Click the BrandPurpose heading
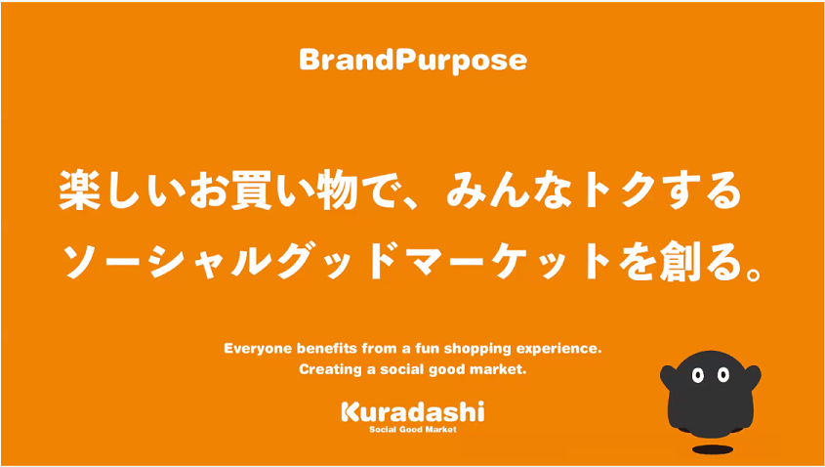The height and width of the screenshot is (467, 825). coord(413,62)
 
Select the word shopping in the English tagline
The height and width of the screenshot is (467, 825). coord(471,350)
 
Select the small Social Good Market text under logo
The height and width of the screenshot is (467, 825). coord(412,430)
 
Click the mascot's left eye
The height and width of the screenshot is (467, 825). coord(698,375)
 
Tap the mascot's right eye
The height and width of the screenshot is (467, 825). coord(723,375)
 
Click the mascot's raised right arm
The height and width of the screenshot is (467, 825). coord(753,376)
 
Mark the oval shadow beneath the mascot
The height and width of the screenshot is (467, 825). coord(712,449)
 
